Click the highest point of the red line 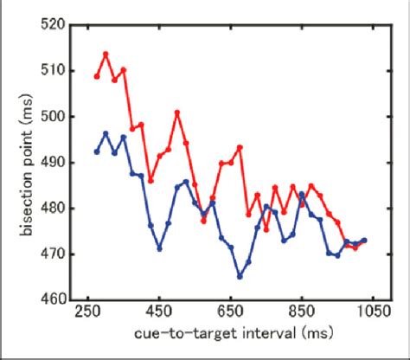106,54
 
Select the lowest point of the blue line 240,276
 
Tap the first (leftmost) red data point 96,76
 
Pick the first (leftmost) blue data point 96,151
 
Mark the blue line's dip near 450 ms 159,248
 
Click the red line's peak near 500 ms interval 177,112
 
